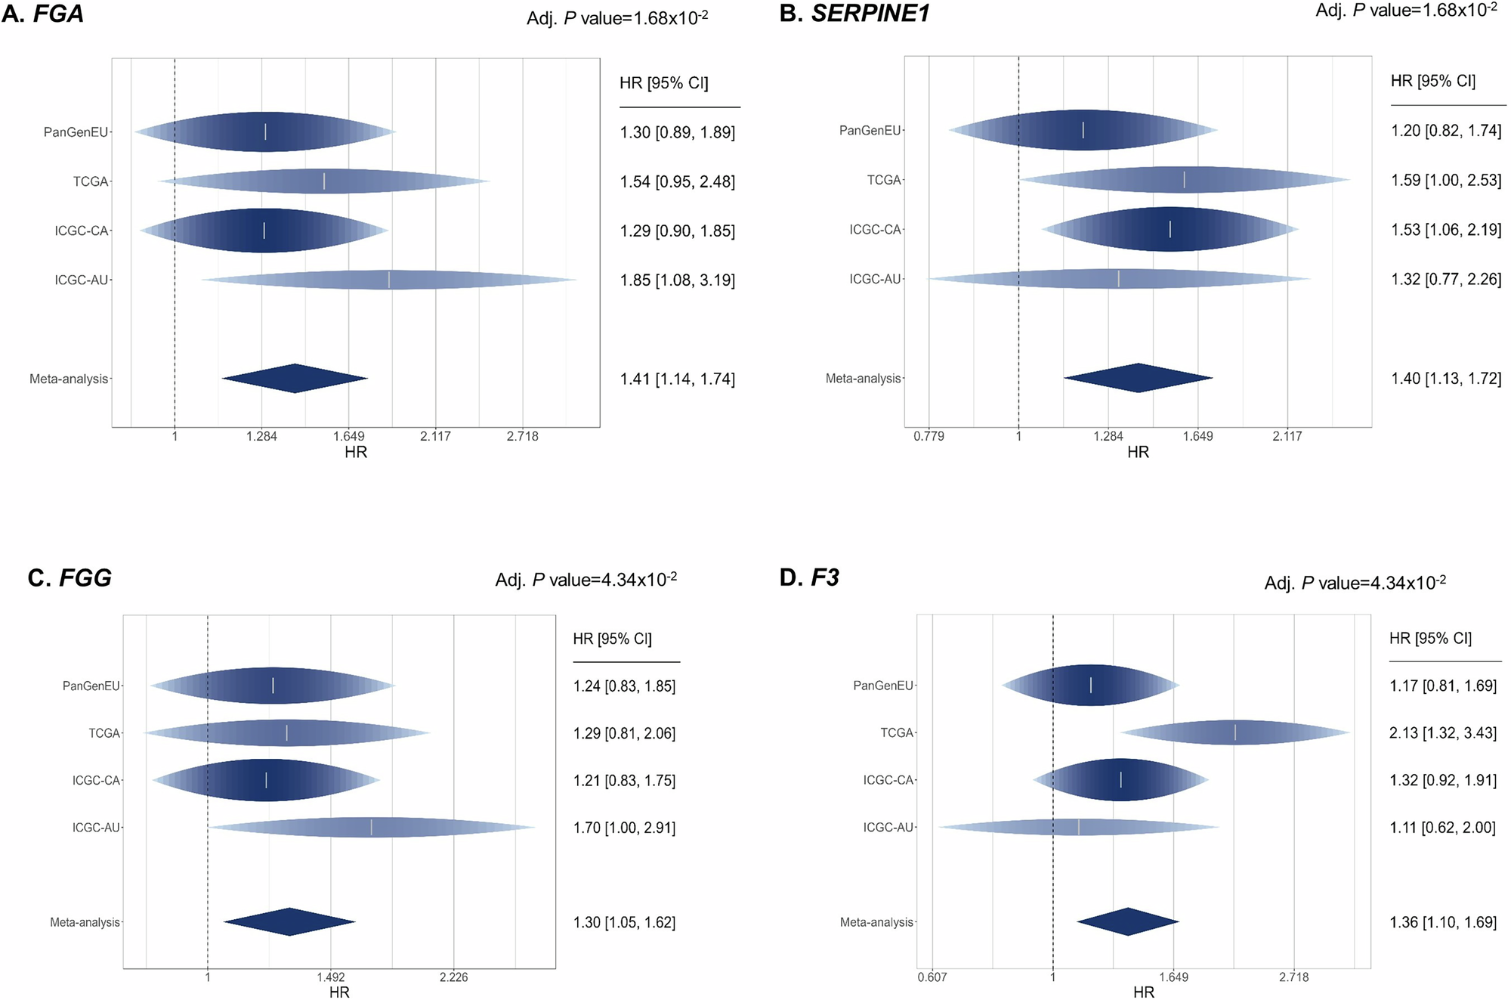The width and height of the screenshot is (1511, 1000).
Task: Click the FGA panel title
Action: click(x=43, y=14)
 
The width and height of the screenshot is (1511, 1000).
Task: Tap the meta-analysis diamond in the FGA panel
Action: click(x=295, y=379)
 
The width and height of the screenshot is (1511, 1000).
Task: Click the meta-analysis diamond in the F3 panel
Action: click(x=1127, y=921)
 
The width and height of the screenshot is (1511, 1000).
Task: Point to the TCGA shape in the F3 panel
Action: click(x=1235, y=732)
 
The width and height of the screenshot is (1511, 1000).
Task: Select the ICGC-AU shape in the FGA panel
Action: click(x=388, y=280)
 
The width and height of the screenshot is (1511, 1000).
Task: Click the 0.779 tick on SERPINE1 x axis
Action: click(x=929, y=436)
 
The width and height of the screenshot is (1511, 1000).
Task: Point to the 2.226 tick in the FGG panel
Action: click(x=453, y=977)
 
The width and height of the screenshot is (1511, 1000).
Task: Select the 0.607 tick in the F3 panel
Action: click(x=932, y=977)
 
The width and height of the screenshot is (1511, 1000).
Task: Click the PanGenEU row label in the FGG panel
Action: click(x=91, y=686)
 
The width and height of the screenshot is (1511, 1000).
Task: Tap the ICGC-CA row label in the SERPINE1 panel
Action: click(x=875, y=230)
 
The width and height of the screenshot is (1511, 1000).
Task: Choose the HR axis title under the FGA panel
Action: click(x=356, y=452)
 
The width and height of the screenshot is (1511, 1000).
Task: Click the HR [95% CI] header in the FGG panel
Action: click(x=612, y=639)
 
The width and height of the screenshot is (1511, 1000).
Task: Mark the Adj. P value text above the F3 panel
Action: click(x=1355, y=583)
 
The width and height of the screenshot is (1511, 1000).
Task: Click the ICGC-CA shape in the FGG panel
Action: click(x=266, y=780)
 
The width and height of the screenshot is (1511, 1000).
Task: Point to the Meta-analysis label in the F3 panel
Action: click(x=876, y=922)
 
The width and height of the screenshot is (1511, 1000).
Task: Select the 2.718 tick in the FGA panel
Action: click(x=522, y=436)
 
